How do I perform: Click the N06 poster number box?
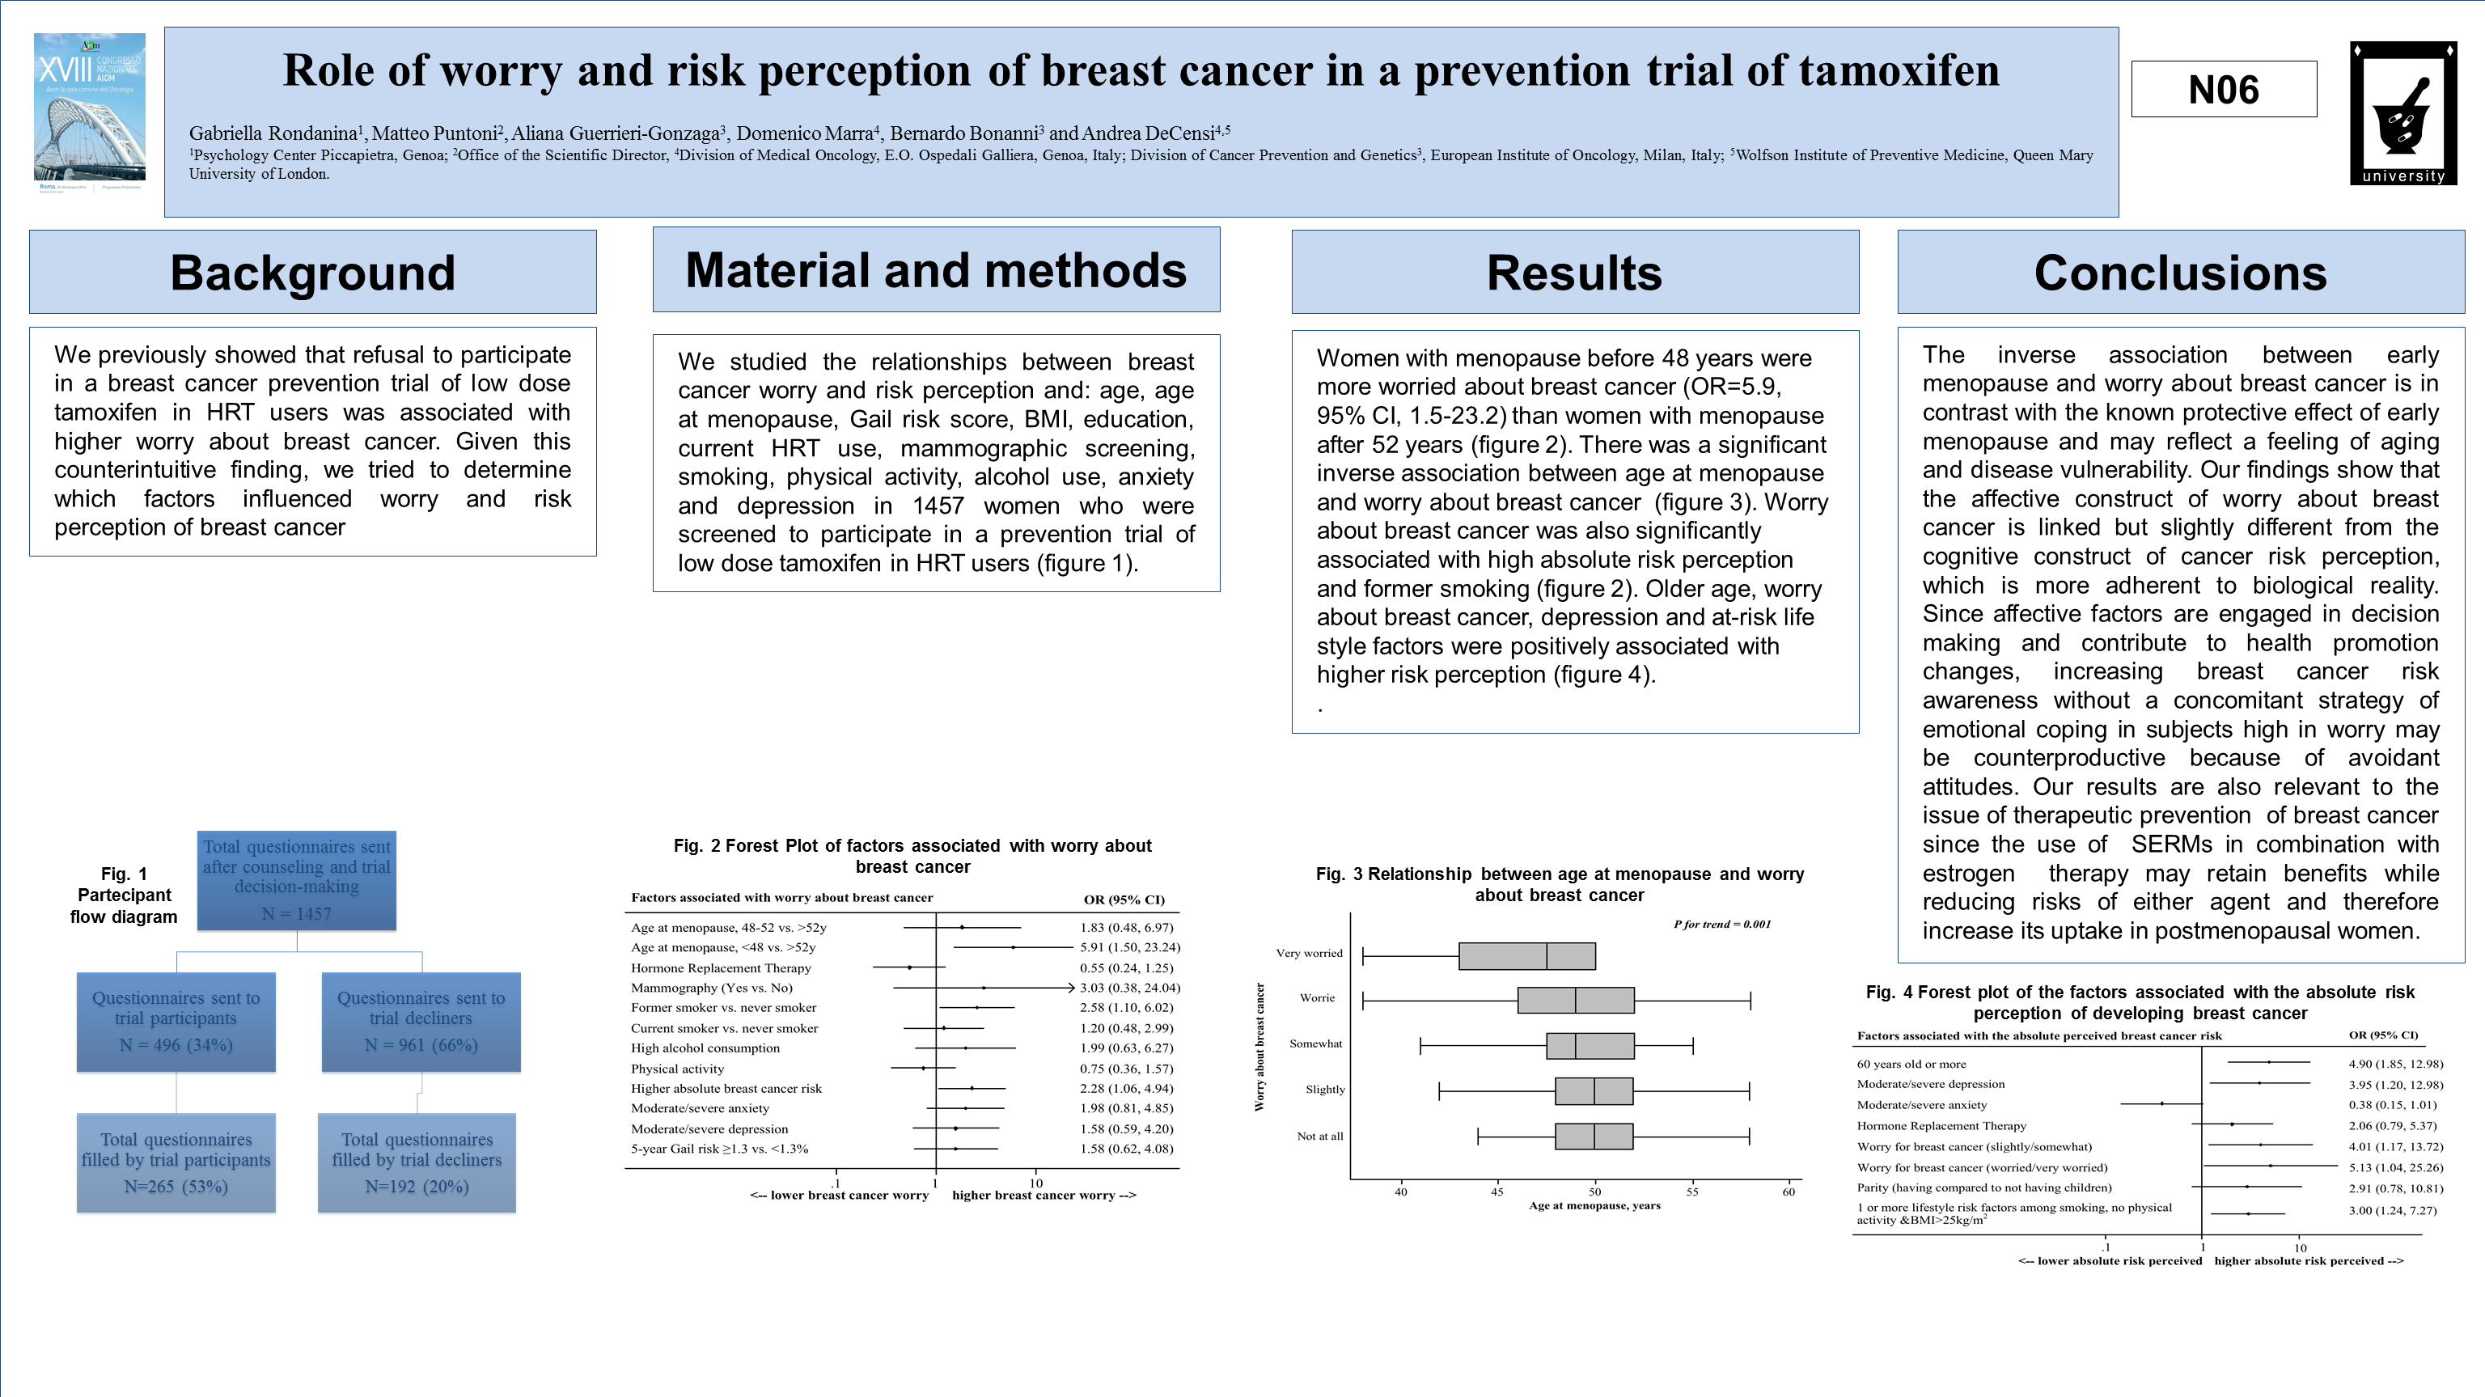(2223, 90)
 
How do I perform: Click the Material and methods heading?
(936, 270)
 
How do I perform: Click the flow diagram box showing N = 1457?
(296, 880)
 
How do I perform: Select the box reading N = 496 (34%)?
(176, 1022)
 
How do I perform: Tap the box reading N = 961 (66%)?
(421, 1022)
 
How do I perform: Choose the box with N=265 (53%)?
(176, 1162)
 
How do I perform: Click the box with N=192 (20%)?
(417, 1162)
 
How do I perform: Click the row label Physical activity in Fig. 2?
(677, 1069)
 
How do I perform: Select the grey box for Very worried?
(1526, 956)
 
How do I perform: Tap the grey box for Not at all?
(1594, 1137)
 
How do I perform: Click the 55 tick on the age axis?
(1692, 1192)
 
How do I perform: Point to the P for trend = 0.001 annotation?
(1722, 925)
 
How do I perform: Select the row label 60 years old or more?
(1911, 1065)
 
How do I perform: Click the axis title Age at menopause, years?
(1594, 1205)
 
